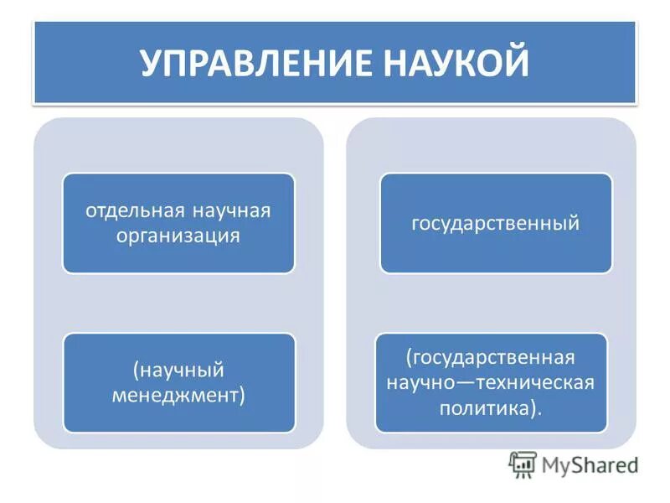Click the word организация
(178, 236)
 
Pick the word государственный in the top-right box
(496, 224)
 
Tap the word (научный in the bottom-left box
(178, 370)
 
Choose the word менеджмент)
(178, 395)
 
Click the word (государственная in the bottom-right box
(491, 357)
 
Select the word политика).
(491, 408)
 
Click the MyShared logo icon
(523, 464)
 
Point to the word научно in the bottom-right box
(420, 382)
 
